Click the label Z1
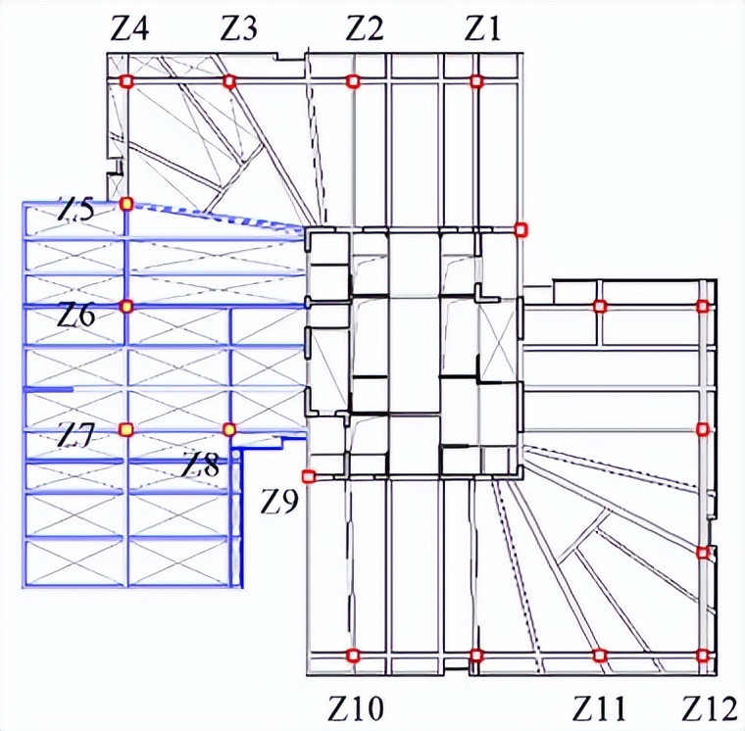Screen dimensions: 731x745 coord(482,29)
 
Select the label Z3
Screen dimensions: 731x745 coord(238,29)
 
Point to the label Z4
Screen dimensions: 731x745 coord(129,29)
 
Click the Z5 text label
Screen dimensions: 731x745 coord(75,210)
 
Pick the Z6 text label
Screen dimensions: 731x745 coord(75,316)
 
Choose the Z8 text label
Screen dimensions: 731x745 coord(200,464)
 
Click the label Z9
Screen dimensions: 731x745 coord(280,503)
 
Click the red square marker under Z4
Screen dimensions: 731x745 coord(125,81)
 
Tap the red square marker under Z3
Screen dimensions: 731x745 coord(229,81)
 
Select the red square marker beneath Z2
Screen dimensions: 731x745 coord(354,81)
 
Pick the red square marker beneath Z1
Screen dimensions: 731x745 coord(476,81)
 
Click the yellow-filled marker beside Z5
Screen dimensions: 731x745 coord(125,204)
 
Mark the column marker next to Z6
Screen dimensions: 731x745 coord(125,307)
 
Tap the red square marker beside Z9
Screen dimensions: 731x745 coord(309,476)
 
